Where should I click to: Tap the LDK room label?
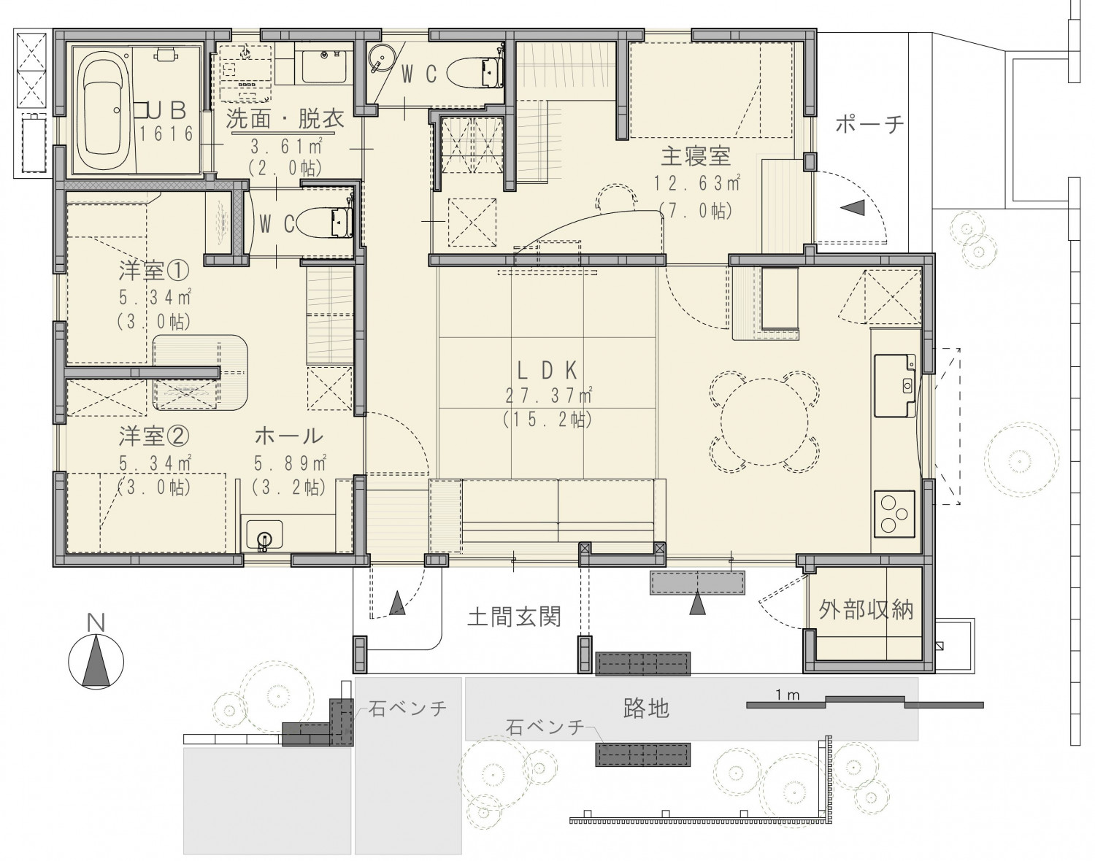pos(547,371)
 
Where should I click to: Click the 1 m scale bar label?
pos(788,695)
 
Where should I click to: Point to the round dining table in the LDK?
pos(764,422)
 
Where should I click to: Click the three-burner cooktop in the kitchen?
pos(894,514)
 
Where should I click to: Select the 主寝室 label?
pos(696,156)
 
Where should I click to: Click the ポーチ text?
pos(870,124)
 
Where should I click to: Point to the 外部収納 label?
pos(866,610)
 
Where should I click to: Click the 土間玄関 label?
pos(514,617)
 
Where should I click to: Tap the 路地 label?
pos(646,708)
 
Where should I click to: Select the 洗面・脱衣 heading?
pos(285,118)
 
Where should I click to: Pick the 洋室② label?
pos(154,436)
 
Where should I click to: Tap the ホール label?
pos(288,436)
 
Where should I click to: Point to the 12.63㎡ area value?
pos(696,183)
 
